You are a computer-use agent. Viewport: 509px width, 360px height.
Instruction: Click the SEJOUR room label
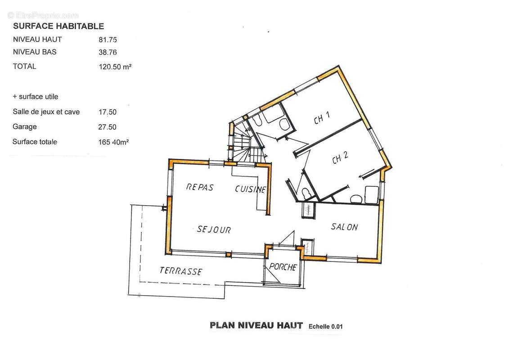coord(214,229)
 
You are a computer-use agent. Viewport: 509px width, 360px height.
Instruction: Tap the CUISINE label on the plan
coord(251,189)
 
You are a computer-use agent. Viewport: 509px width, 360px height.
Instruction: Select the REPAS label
coord(200,187)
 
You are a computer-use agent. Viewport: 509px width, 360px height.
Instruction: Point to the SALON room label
coord(344,227)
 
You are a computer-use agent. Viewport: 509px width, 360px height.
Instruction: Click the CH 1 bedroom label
coord(322,118)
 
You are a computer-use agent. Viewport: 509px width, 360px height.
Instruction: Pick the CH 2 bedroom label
coord(340,157)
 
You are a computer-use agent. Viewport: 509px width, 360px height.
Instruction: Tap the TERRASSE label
coord(181,271)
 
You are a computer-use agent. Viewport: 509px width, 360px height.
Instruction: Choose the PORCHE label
coord(283,267)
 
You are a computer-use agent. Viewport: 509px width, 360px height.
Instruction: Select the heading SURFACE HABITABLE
coord(59,26)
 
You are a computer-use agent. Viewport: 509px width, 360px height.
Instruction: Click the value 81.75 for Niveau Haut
coord(108,40)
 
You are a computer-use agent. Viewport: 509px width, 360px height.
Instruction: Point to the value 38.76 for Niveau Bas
coord(108,52)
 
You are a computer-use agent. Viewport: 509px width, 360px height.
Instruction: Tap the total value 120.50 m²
coord(115,67)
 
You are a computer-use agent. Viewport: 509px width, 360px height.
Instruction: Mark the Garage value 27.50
coord(107,127)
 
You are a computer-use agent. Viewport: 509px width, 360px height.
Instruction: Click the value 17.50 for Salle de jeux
coord(108,112)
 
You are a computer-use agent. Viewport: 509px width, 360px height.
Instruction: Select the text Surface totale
coord(35,142)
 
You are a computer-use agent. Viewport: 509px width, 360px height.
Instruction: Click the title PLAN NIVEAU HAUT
coord(256,325)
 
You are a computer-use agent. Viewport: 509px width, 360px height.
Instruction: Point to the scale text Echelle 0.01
coord(325,327)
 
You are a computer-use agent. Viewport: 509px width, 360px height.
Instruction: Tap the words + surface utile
coord(36,97)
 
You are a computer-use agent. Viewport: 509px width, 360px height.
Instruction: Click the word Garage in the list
coord(25,127)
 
